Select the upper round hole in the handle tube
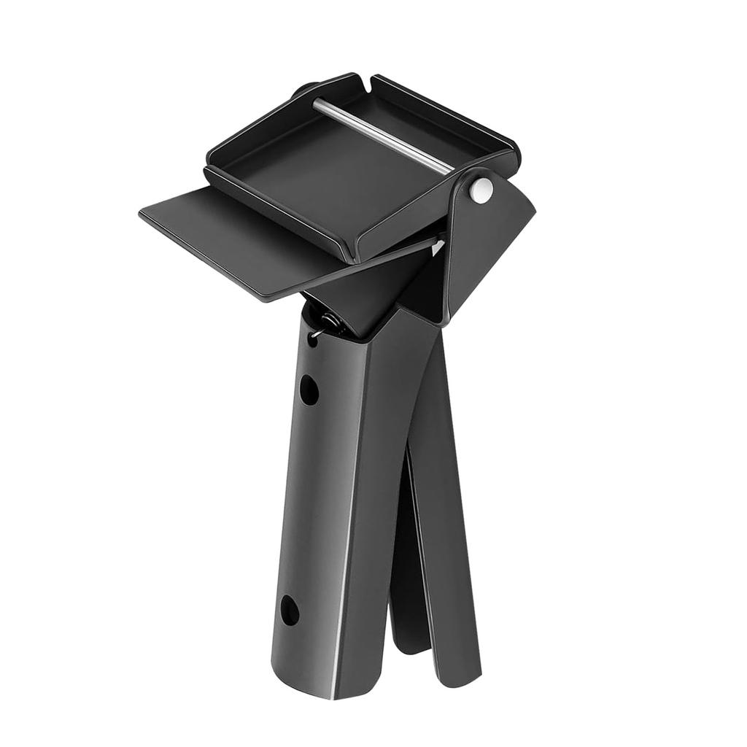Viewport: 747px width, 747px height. [309, 390]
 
